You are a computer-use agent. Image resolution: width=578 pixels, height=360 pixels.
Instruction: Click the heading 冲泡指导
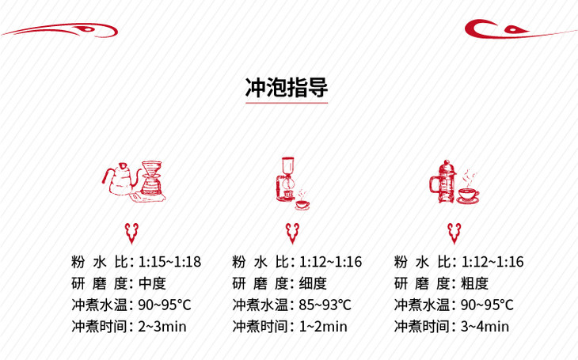click(x=287, y=87)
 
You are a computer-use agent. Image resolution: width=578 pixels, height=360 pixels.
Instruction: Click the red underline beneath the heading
click(x=287, y=103)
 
